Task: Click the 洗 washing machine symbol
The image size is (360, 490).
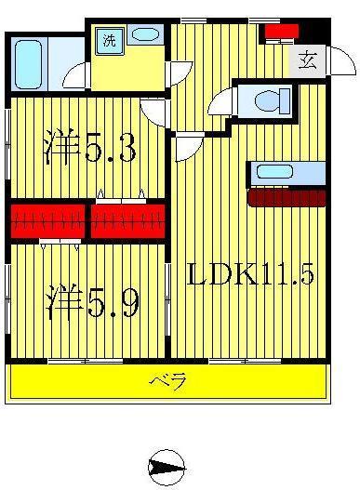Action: (109, 41)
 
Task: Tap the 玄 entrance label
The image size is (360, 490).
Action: (307, 60)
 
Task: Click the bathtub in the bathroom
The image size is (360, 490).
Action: (28, 64)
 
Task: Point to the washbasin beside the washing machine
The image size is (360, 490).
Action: (145, 34)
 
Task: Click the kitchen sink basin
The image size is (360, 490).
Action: (274, 172)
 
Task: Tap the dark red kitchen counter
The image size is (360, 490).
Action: (287, 197)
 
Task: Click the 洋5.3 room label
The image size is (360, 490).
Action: (90, 146)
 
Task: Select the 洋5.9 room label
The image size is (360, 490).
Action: (93, 301)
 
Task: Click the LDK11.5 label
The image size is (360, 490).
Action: (250, 273)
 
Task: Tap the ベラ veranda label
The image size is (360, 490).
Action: (168, 381)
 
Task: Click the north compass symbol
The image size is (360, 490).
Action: (167, 468)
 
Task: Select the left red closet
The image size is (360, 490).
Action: (48, 221)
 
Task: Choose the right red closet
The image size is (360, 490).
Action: (127, 221)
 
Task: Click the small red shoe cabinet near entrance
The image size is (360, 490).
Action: (282, 31)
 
